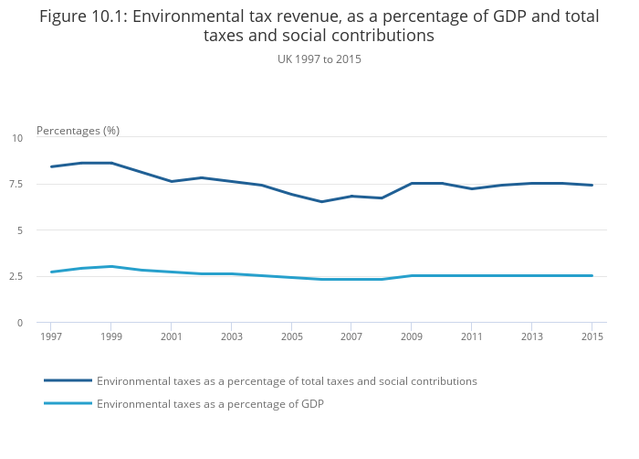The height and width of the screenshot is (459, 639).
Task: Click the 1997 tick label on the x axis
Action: point(51,337)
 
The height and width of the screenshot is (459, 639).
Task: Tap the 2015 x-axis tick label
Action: point(592,337)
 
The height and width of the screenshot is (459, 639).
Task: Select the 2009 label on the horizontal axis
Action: point(412,337)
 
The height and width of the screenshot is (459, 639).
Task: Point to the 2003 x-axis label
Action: point(231,337)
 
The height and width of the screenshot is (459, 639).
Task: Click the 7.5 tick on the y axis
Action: point(16,184)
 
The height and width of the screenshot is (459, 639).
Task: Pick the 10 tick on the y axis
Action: point(17,138)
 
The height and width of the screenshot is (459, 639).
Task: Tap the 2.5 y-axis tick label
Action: point(16,276)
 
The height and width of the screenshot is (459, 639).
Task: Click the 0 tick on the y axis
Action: point(19,323)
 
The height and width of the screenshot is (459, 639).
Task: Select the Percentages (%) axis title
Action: point(78,131)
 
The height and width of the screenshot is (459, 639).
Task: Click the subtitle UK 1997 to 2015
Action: point(319,59)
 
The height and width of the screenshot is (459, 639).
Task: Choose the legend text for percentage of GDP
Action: point(210,403)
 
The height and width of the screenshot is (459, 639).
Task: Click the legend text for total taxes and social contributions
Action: point(287,380)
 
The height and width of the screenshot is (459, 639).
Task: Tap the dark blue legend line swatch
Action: point(68,380)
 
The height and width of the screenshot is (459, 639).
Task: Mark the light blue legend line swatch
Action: point(68,403)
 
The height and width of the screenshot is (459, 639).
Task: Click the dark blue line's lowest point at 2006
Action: point(321,202)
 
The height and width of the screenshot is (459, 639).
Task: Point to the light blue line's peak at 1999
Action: point(111,266)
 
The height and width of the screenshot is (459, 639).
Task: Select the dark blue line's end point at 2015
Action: point(592,185)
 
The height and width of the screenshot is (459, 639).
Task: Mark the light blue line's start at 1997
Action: point(51,272)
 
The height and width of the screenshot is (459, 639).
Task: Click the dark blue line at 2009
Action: point(412,183)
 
